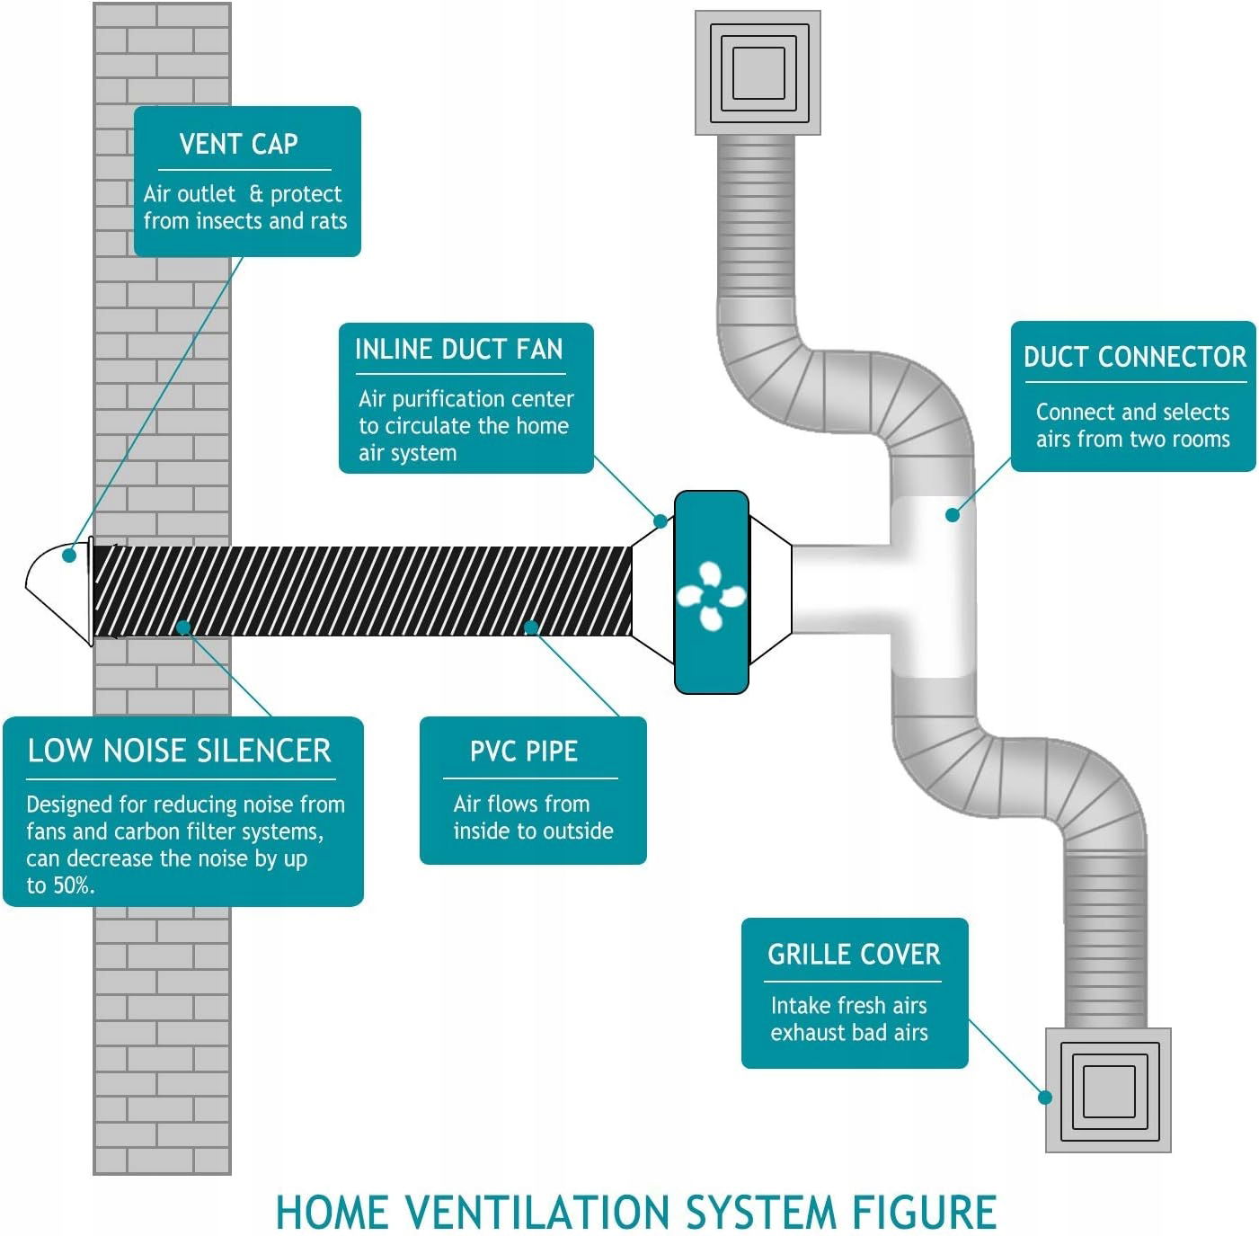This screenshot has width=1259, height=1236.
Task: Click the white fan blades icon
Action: [x=710, y=594]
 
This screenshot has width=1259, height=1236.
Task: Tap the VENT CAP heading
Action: [x=238, y=144]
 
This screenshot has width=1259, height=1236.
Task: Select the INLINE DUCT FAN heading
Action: [x=458, y=349]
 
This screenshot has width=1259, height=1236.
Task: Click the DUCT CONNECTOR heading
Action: [x=1134, y=357]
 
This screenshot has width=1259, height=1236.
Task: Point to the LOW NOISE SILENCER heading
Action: [x=179, y=751]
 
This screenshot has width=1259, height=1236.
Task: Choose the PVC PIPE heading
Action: [x=524, y=751]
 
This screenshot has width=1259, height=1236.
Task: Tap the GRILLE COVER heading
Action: [x=854, y=954]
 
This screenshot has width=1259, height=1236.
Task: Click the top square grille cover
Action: [x=758, y=73]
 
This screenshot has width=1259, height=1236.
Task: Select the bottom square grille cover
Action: [x=1108, y=1090]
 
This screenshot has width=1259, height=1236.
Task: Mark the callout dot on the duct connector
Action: [x=953, y=515]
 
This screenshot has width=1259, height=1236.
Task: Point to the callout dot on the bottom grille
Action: [x=1045, y=1098]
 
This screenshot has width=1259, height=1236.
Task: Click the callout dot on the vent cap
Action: [x=69, y=556]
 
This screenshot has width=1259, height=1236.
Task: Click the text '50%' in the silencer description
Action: [x=73, y=886]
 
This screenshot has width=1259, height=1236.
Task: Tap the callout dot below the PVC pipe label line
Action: [x=531, y=627]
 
